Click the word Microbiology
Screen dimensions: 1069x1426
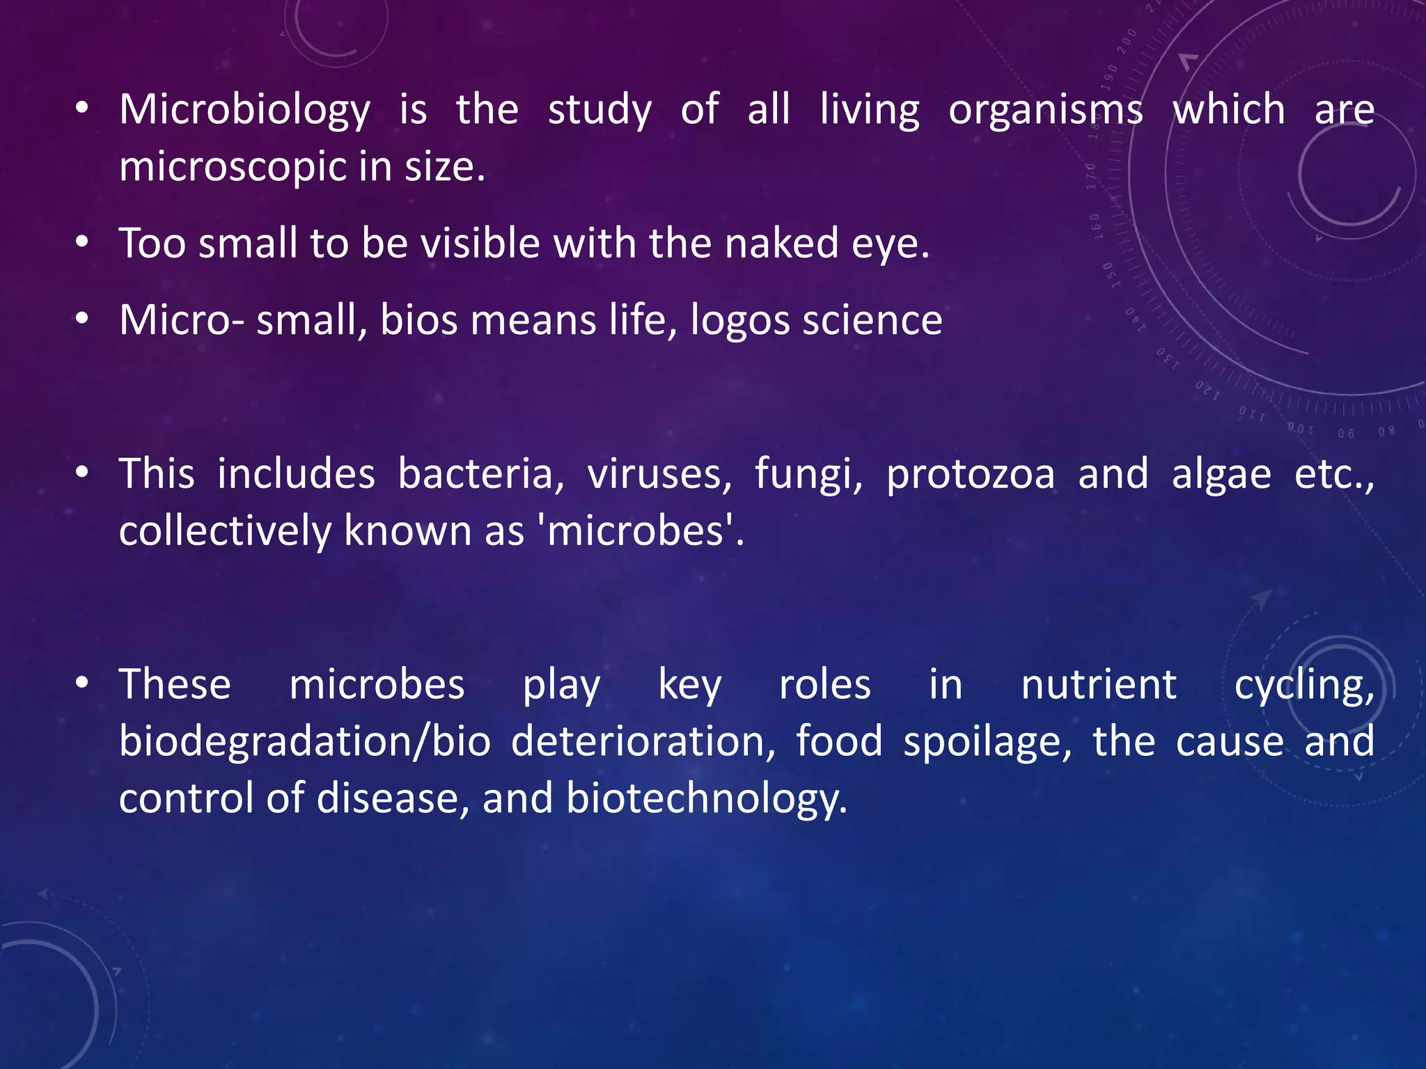244,110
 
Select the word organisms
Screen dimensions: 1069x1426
1045,110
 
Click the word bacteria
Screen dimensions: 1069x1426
480,475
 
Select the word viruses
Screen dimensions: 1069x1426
659,475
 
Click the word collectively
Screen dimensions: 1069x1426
225,532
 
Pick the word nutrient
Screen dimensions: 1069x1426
1099,685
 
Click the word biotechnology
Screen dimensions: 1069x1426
706,798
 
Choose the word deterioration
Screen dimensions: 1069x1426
643,741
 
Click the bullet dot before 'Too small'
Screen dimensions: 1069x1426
82,243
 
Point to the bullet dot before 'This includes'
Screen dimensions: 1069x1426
82,474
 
